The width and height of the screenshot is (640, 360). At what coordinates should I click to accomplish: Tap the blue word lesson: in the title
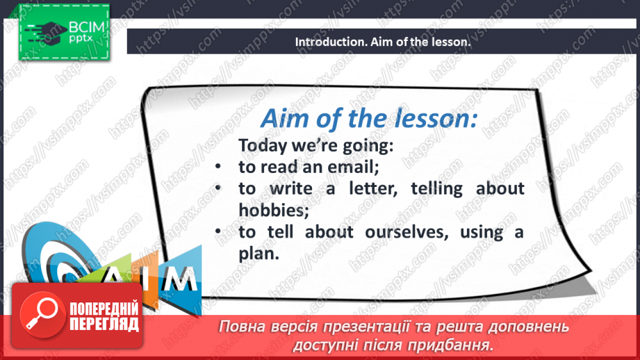pos(436,119)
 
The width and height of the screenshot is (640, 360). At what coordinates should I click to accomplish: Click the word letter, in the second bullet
pos(373,188)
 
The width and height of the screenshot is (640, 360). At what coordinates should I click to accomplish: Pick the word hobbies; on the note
pos(274,210)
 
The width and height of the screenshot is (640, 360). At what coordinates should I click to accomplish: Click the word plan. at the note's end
pos(259,254)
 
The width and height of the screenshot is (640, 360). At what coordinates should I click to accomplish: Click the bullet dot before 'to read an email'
pos(218,167)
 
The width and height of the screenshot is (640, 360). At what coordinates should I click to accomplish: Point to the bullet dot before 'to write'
pos(218,188)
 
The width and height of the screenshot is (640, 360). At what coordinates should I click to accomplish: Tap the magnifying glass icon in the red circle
pos(42,313)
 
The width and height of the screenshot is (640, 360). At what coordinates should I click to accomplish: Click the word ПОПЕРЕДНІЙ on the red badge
pos(104,309)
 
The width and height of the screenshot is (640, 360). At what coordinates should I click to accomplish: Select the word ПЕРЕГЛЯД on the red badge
pos(104,325)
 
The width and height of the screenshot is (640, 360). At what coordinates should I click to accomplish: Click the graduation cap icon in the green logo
pos(46,32)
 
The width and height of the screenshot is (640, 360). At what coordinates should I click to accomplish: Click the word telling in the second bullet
pos(436,188)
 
